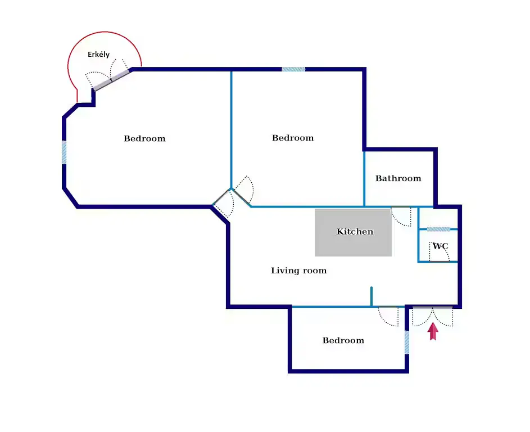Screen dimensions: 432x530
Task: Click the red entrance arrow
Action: click(433, 331)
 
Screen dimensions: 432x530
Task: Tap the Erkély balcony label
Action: click(98, 55)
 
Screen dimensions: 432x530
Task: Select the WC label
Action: click(440, 246)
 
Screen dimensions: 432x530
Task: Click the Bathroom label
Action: click(398, 178)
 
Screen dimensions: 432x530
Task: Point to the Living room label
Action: click(298, 271)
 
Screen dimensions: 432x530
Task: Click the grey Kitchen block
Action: click(353, 232)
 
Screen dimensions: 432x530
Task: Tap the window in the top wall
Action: click(293, 69)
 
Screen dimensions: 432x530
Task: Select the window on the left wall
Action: click(64, 152)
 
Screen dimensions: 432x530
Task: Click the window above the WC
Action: click(438, 229)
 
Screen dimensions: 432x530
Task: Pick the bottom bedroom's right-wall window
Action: click(407, 342)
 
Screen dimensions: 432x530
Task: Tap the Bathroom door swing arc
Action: click(401, 217)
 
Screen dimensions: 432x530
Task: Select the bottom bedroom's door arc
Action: click(389, 317)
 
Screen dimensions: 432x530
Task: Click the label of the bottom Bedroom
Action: click(343, 340)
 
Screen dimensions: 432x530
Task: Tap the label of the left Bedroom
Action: click(144, 138)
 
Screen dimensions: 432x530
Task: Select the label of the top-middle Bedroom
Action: click(293, 138)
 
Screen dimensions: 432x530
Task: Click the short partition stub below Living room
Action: click(372, 296)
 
